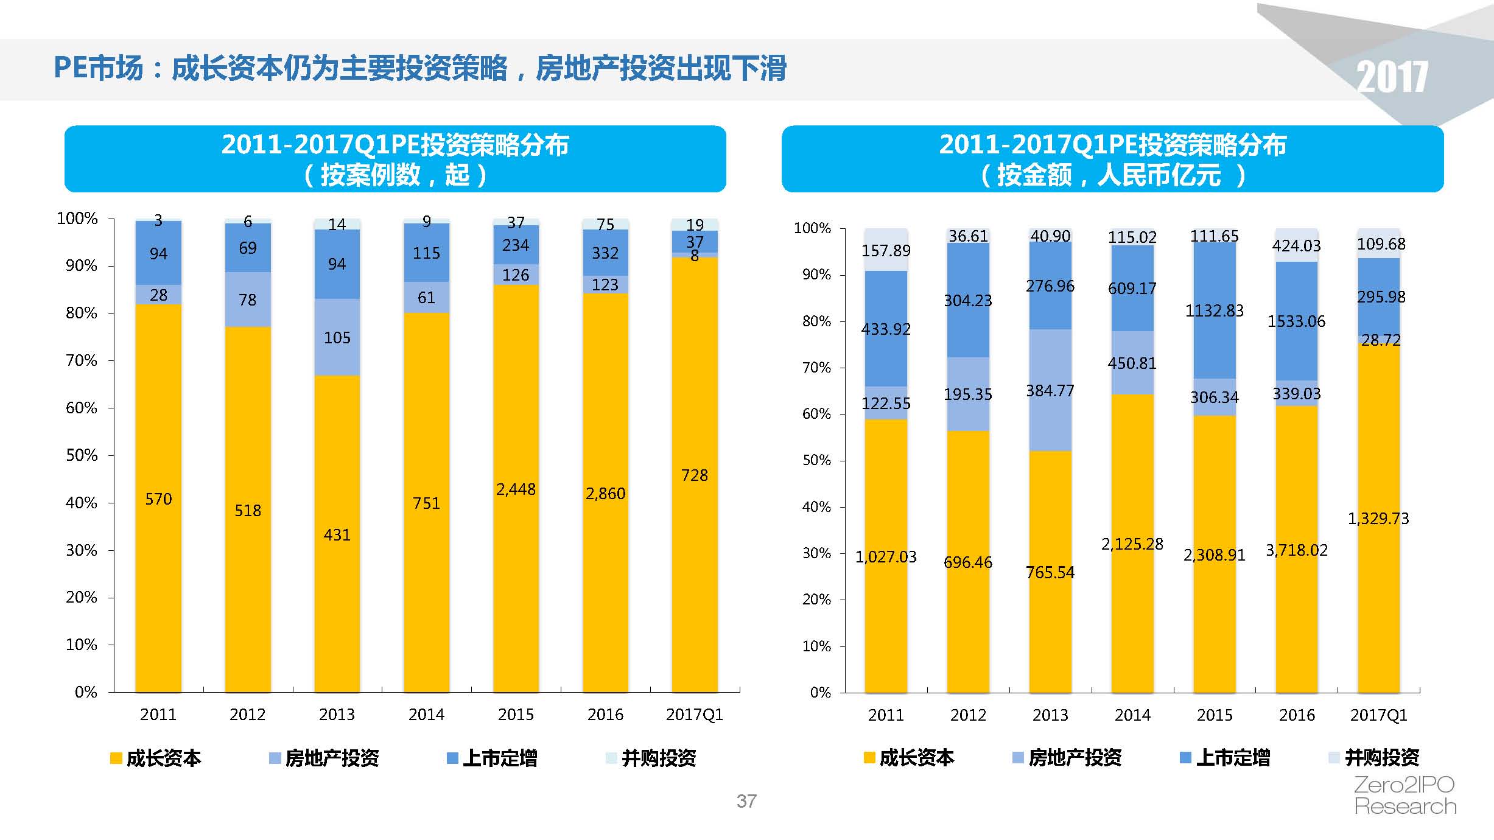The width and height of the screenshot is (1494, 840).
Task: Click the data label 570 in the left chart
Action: pyautogui.click(x=158, y=499)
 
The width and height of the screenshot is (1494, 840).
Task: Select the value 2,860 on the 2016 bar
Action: pyautogui.click(x=605, y=493)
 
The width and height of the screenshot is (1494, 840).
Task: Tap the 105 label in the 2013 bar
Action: pyautogui.click(x=337, y=338)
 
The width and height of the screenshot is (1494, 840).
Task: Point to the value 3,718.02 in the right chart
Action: pyautogui.click(x=1296, y=550)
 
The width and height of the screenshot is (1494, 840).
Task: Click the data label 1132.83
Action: pyautogui.click(x=1214, y=310)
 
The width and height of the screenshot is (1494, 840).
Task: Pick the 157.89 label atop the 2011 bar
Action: pyautogui.click(x=886, y=250)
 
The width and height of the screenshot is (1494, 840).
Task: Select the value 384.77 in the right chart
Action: pyautogui.click(x=1050, y=390)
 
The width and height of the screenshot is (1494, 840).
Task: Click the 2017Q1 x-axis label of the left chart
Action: pyautogui.click(x=694, y=714)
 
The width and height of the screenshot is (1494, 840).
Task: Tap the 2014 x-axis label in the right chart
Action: pyautogui.click(x=1132, y=715)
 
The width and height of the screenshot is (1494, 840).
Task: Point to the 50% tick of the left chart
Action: pyautogui.click(x=82, y=455)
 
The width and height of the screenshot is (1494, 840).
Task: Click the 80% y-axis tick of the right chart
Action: pyautogui.click(x=816, y=321)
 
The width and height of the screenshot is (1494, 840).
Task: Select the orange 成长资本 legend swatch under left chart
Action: pyautogui.click(x=116, y=758)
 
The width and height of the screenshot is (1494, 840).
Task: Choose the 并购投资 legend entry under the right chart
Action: pyautogui.click(x=1373, y=757)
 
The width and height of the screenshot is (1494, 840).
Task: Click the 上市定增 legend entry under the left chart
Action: pyautogui.click(x=492, y=758)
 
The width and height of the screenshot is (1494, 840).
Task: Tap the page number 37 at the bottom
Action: pyautogui.click(x=746, y=801)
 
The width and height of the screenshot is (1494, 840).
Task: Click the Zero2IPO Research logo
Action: pyautogui.click(x=1405, y=796)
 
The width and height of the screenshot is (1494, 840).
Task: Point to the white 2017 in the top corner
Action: pyautogui.click(x=1392, y=77)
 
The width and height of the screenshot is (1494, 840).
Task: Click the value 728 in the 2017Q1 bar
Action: pyautogui.click(x=694, y=475)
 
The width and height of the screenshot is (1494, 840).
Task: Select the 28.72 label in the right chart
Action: pyautogui.click(x=1380, y=340)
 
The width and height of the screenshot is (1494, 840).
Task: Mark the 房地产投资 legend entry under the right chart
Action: pyautogui.click(x=1067, y=757)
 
